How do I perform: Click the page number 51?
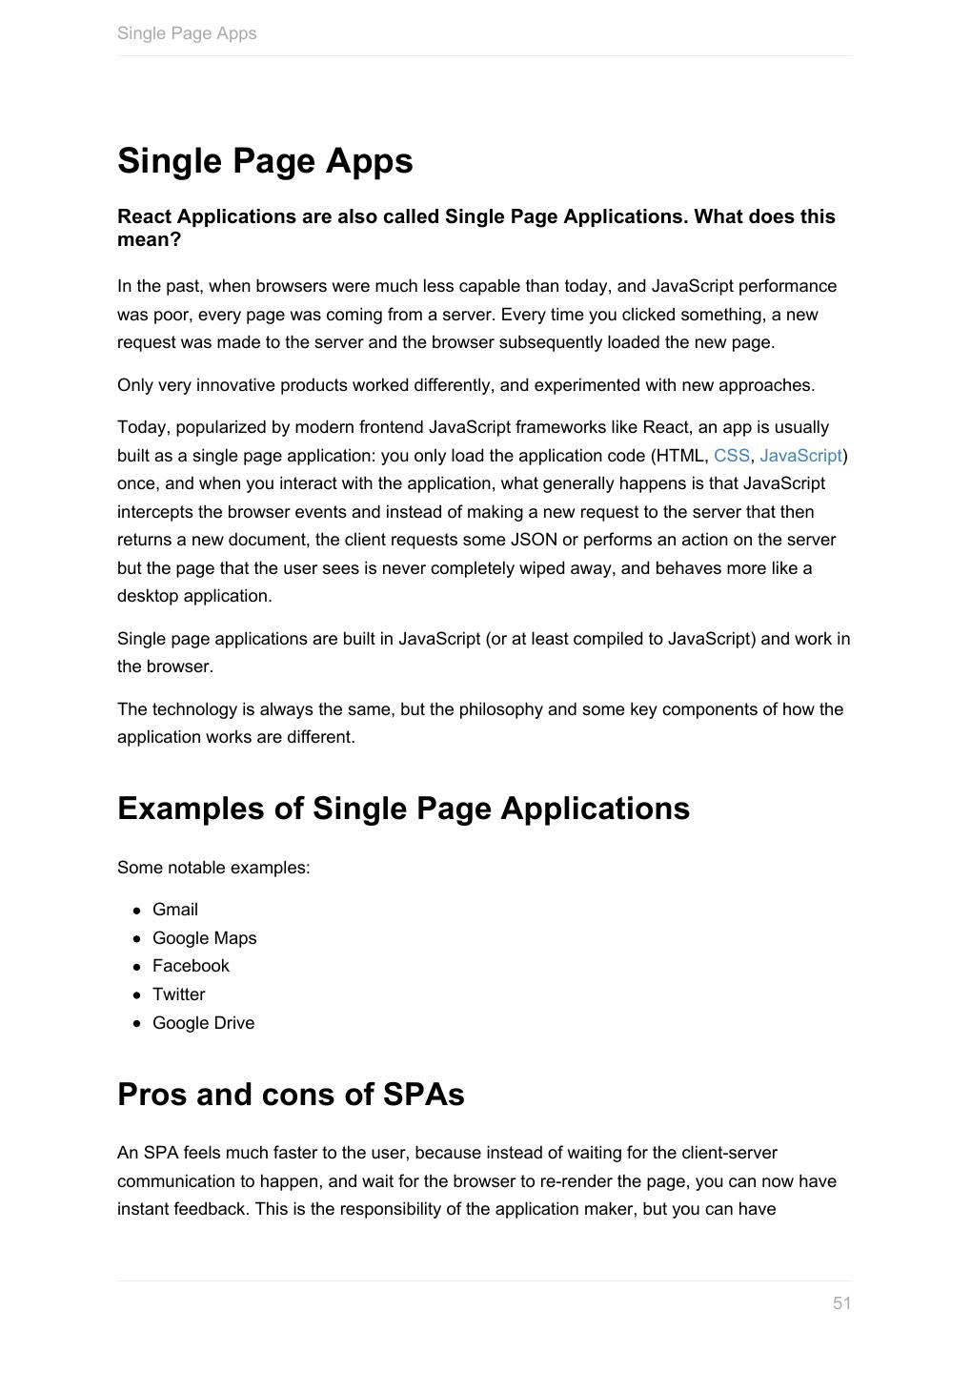point(841,1303)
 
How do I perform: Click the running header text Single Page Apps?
point(187,33)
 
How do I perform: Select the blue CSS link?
point(731,456)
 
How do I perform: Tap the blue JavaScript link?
point(800,456)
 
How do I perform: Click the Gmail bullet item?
point(175,910)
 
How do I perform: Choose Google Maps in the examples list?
point(204,938)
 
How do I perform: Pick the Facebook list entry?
point(191,966)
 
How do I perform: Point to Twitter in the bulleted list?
point(178,994)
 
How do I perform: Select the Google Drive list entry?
point(203,1023)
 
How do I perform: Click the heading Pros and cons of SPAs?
point(291,1095)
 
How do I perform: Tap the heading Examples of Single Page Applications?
point(403,809)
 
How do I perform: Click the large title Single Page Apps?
point(265,161)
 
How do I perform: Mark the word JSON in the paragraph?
point(534,540)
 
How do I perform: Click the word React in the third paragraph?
point(665,427)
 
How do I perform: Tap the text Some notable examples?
point(213,868)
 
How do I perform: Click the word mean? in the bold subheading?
point(149,239)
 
